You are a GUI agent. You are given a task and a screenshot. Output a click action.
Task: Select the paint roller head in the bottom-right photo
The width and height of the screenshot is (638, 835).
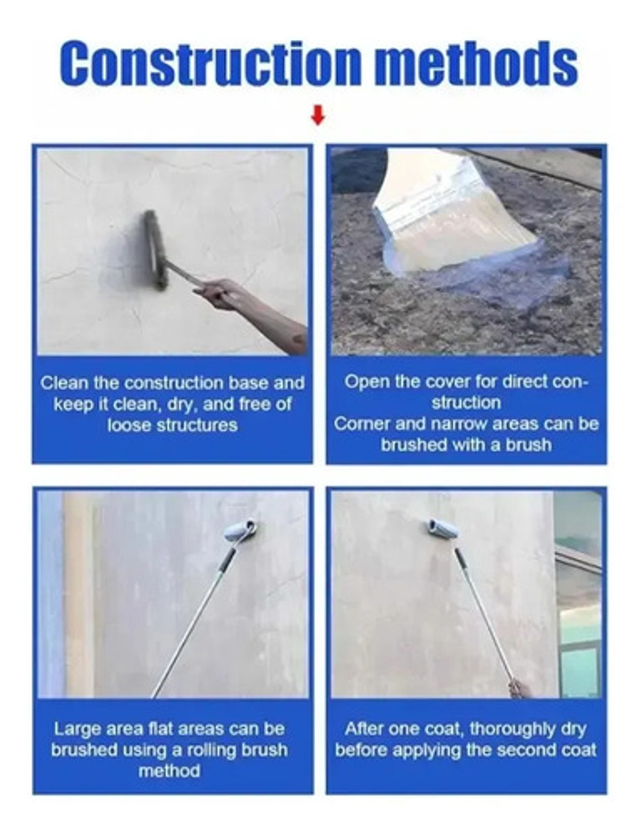[x=443, y=529]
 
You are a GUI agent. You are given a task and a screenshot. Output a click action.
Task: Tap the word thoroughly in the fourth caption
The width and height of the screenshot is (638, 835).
[x=513, y=729]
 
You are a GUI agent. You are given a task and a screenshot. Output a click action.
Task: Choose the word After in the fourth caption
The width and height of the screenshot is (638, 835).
[x=362, y=729]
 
